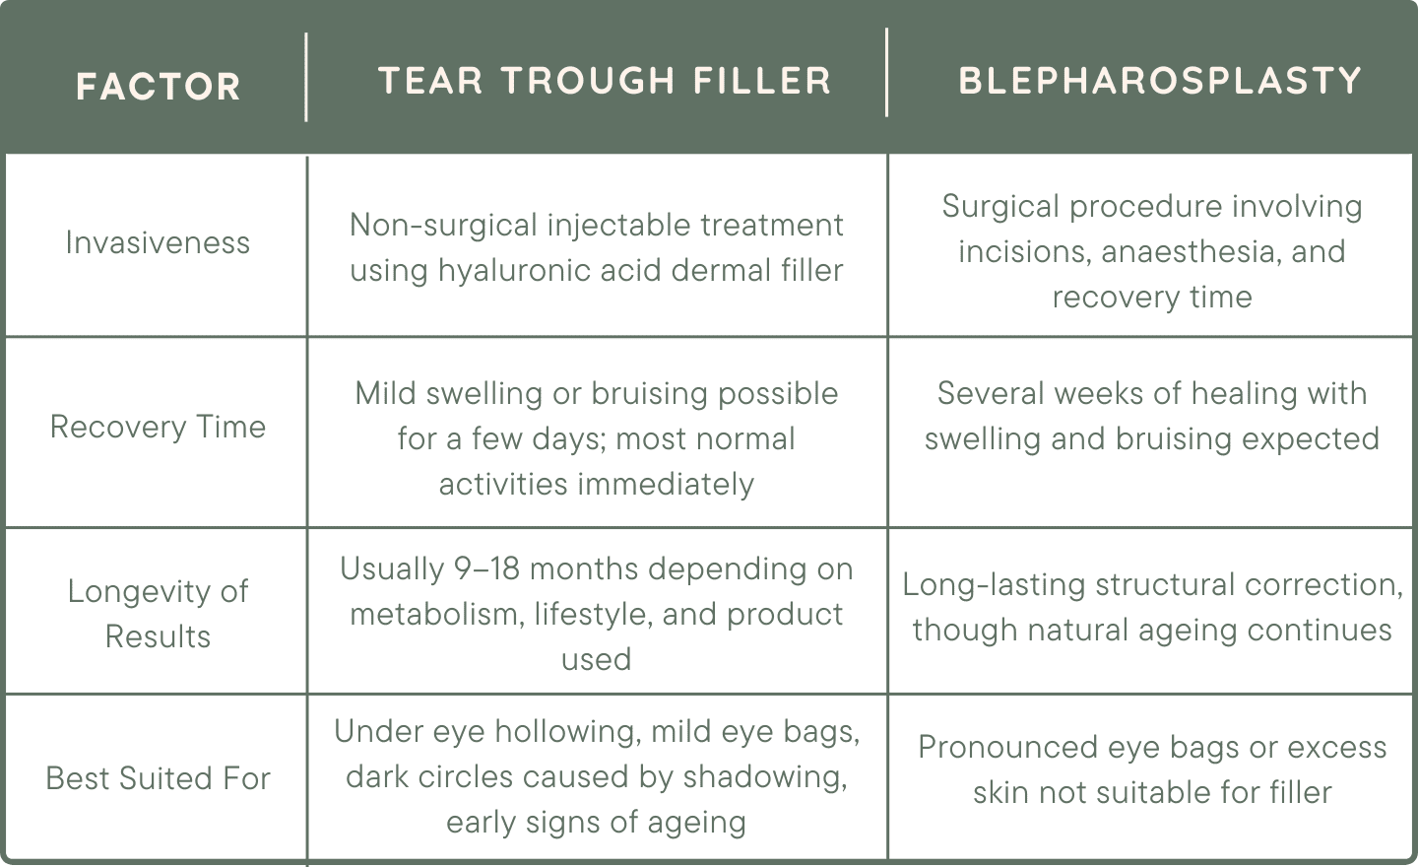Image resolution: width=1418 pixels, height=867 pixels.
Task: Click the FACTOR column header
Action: [158, 87]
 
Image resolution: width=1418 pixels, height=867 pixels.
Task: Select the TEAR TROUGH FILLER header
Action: [605, 81]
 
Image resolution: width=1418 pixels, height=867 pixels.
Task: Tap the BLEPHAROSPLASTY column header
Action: [1160, 81]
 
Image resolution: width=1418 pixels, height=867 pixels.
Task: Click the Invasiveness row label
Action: [158, 242]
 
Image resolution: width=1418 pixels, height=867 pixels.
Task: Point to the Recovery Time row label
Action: [158, 427]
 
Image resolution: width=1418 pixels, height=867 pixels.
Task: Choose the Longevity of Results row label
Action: [158, 613]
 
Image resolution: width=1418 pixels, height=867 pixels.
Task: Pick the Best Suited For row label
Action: [158, 778]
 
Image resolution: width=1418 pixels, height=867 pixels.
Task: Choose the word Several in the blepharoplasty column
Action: [991, 393]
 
